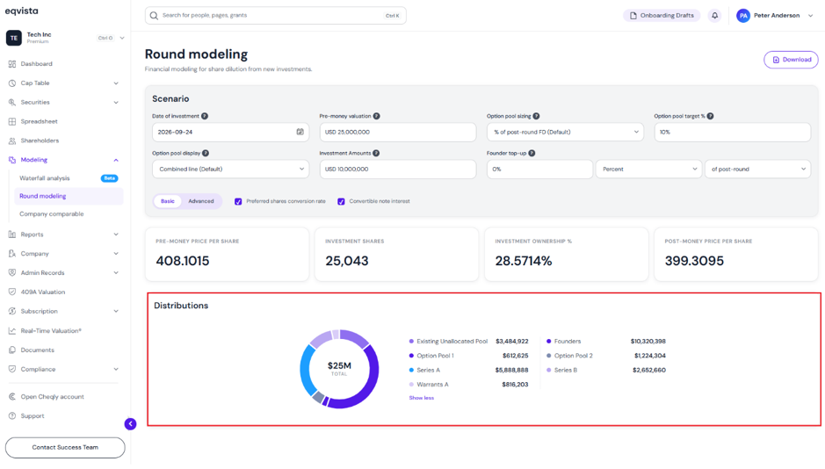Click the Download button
click(x=791, y=60)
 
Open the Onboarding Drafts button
click(x=662, y=16)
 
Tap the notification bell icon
click(x=714, y=16)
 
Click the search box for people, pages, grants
click(x=275, y=16)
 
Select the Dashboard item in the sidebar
click(x=36, y=64)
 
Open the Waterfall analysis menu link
click(x=45, y=178)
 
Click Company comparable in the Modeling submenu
click(x=52, y=214)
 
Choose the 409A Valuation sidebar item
click(x=43, y=292)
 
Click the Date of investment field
click(x=230, y=132)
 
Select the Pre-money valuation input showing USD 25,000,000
click(x=398, y=132)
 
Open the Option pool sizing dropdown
click(x=565, y=132)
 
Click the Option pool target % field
click(x=733, y=132)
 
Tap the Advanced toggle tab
click(x=201, y=201)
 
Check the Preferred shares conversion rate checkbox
click(x=238, y=202)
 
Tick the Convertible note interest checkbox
click(x=341, y=202)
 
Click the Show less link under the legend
click(x=422, y=398)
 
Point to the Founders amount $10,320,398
click(x=648, y=342)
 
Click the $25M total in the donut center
click(x=339, y=366)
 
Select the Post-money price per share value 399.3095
click(x=694, y=261)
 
